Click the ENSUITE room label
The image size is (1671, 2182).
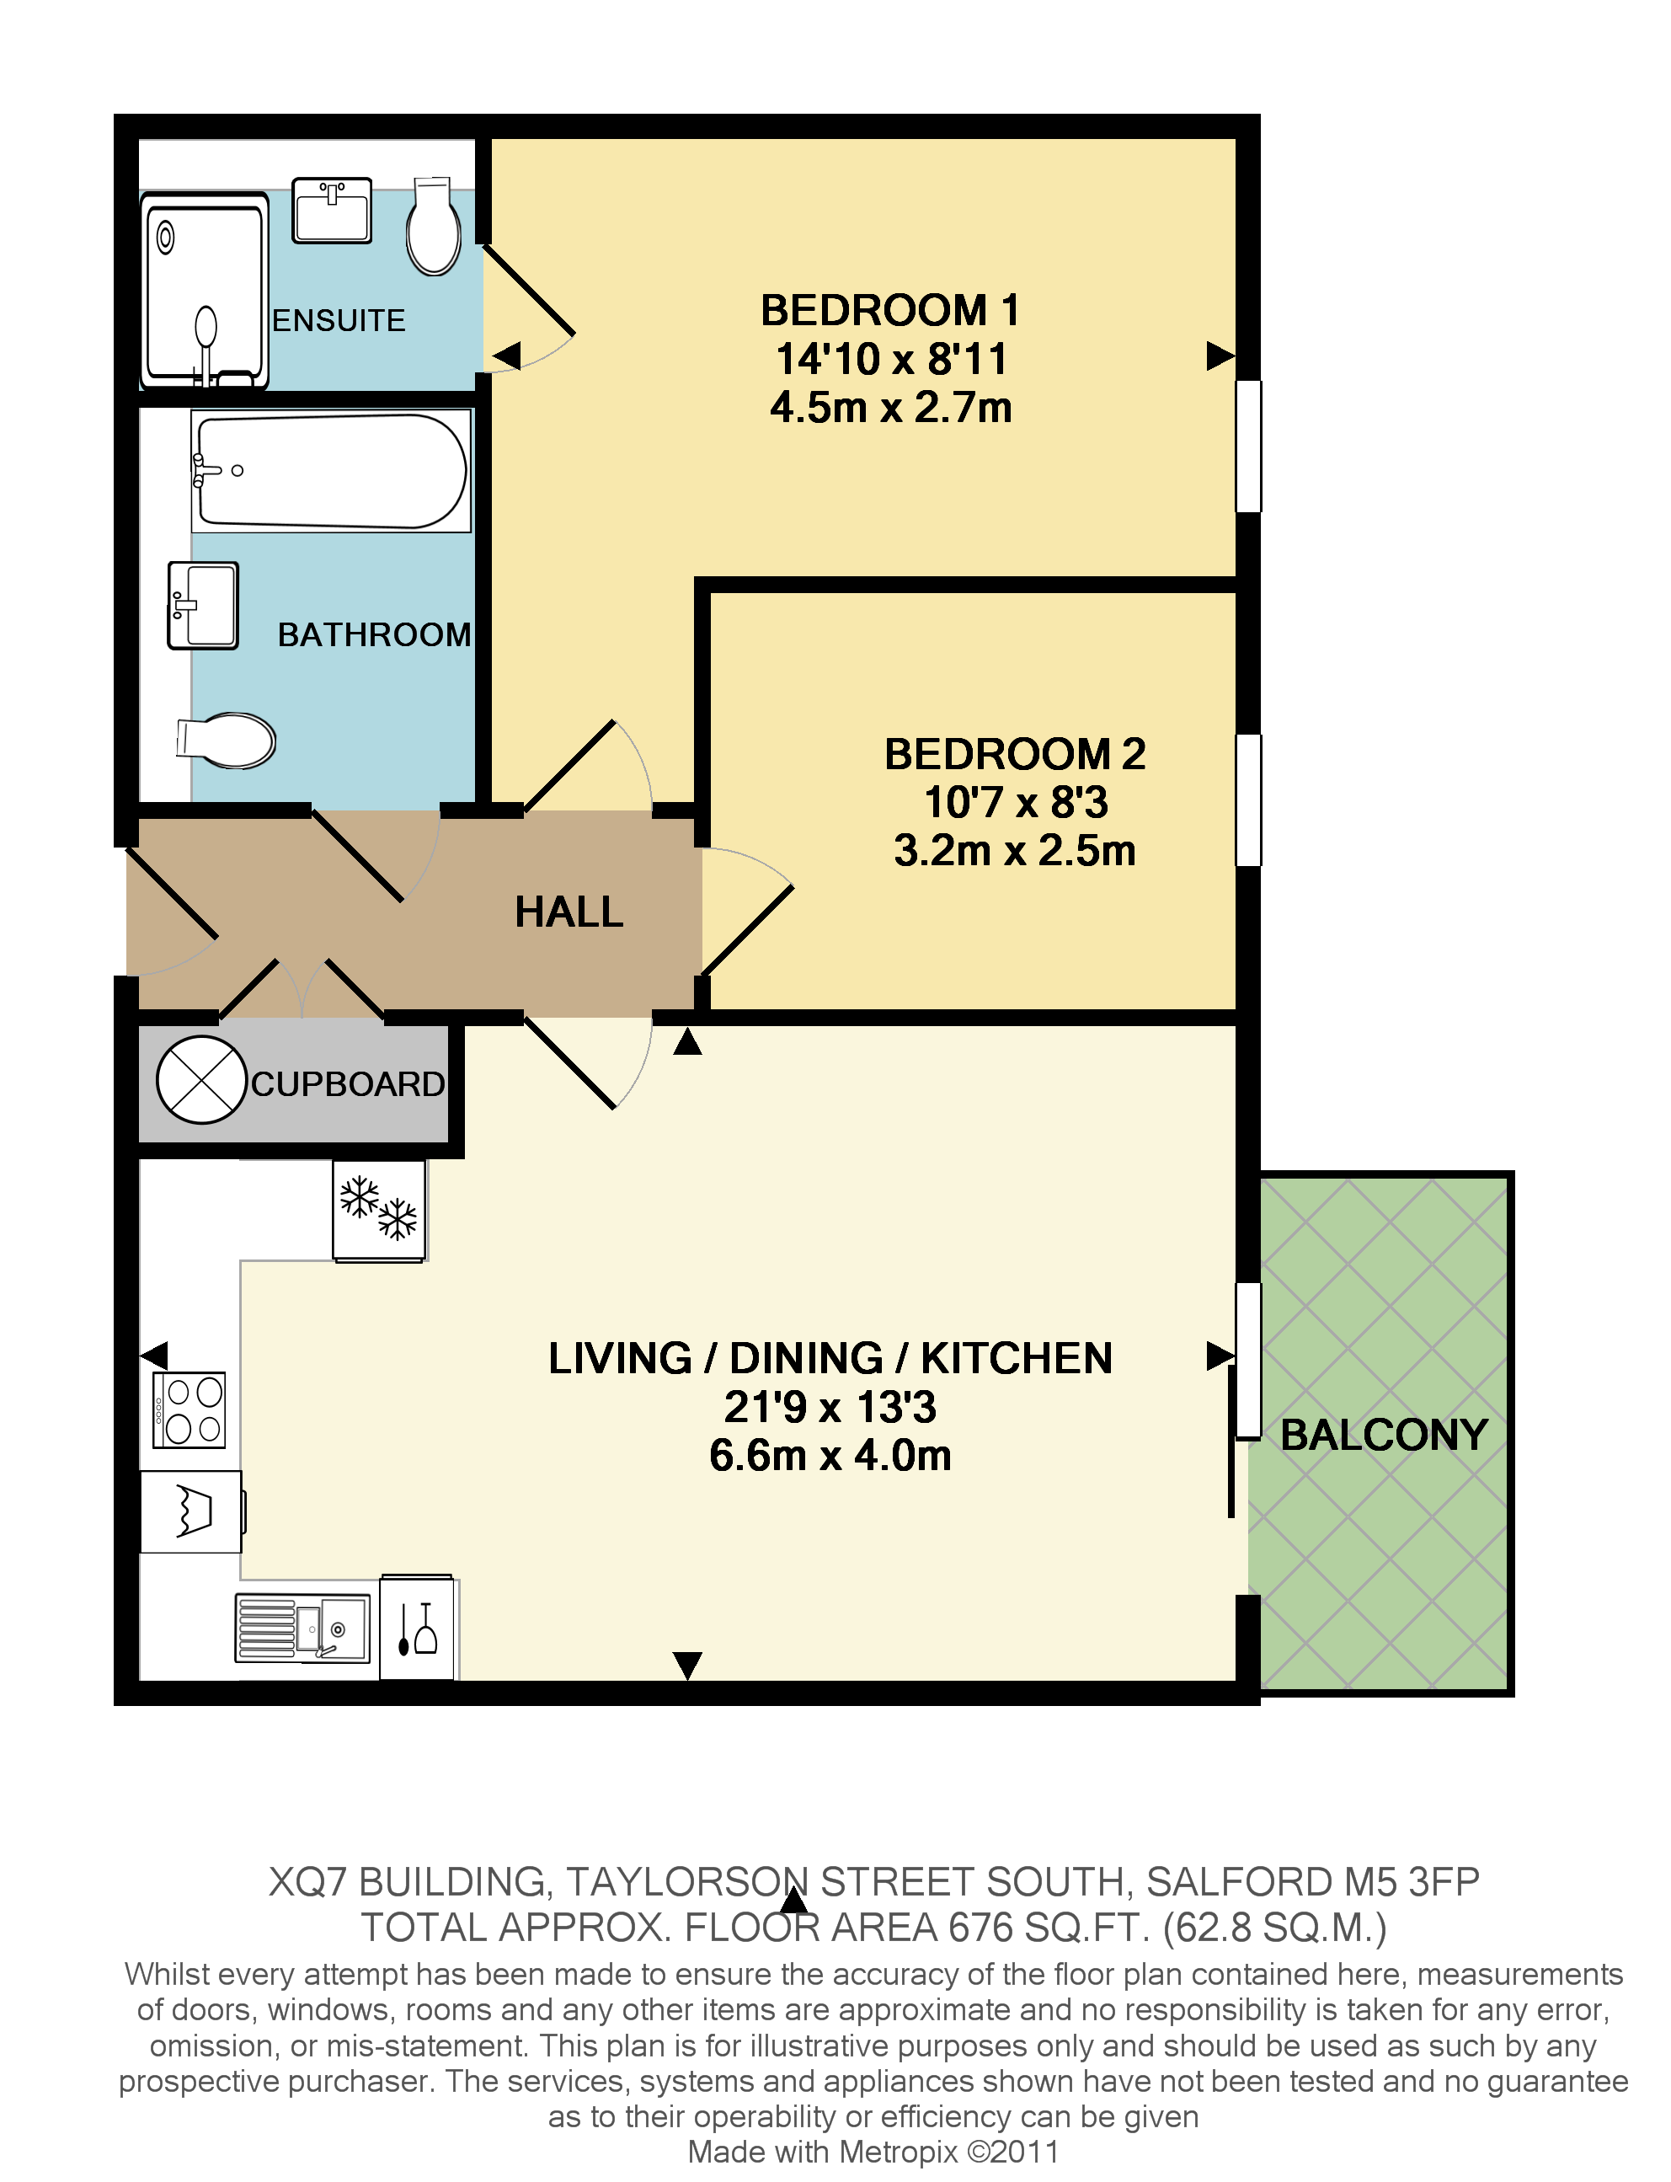(339, 320)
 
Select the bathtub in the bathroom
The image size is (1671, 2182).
(330, 471)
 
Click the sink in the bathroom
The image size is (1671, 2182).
(203, 605)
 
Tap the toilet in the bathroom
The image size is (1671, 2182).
(227, 740)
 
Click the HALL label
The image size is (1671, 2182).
(569, 912)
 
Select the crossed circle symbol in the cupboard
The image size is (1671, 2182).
(201, 1079)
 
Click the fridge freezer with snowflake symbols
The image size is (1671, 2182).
(379, 1210)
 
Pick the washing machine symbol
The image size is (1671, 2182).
(191, 1511)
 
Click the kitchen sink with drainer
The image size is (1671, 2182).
(302, 1628)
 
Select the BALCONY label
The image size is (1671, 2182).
(1384, 1435)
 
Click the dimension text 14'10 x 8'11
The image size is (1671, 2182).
(891, 359)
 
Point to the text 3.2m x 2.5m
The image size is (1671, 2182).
(1015, 851)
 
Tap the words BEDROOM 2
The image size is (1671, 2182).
(1015, 754)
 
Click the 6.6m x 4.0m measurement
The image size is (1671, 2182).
(830, 1456)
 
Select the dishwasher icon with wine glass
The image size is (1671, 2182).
(417, 1628)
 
